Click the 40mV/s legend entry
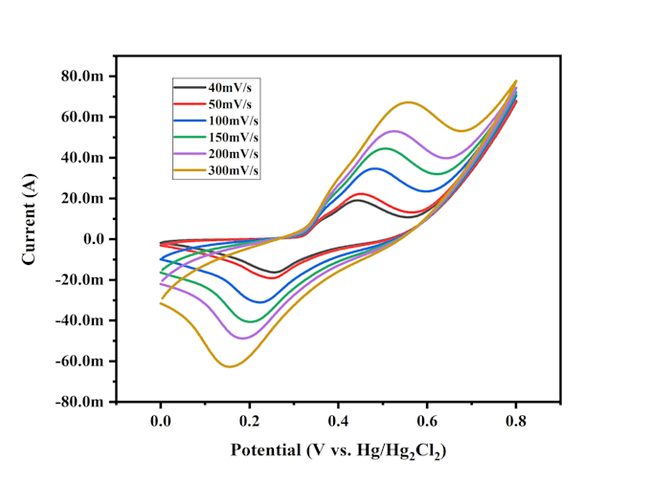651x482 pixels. tap(230, 88)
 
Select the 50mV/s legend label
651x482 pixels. tap(230, 104)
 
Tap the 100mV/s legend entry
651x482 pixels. tap(234, 120)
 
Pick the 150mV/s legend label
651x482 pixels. tap(234, 138)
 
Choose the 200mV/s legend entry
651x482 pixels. tap(234, 154)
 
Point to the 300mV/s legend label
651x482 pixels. tap(234, 170)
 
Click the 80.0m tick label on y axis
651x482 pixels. tap(82, 77)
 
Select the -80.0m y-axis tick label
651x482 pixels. tap(79, 402)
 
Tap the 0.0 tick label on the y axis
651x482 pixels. tap(94, 239)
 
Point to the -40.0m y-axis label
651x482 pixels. tap(79, 320)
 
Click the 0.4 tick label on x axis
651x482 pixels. tap(338, 422)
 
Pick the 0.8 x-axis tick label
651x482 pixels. tap(516, 422)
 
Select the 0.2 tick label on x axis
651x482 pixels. tap(249, 422)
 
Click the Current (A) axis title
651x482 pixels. tap(29, 219)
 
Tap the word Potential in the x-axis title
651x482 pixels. tap(266, 450)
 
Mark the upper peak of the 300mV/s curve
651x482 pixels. tap(409, 102)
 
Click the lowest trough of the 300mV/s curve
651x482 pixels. tap(230, 366)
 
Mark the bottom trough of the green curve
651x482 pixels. tap(251, 321)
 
